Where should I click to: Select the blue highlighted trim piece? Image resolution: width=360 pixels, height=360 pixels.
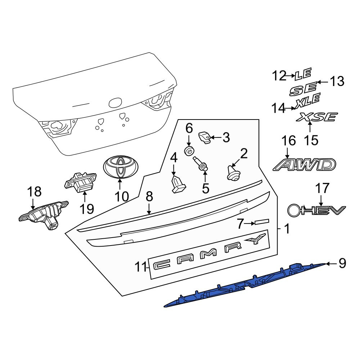pyautogui.click(x=245, y=285)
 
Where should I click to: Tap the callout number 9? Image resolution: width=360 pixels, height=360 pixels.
pyautogui.click(x=342, y=263)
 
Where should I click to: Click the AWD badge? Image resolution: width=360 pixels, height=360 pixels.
pyautogui.click(x=305, y=165)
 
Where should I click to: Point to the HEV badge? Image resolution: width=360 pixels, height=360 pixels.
pyautogui.click(x=316, y=210)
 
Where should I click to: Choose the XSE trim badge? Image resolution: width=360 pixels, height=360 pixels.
pyautogui.click(x=317, y=117)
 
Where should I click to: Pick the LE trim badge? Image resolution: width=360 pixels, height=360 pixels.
pyautogui.click(x=303, y=74)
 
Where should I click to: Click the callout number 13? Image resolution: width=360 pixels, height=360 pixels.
pyautogui.click(x=337, y=81)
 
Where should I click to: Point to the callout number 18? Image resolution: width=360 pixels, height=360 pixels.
pyautogui.click(x=34, y=192)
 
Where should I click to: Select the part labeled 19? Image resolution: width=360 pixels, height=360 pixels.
pyautogui.click(x=80, y=181)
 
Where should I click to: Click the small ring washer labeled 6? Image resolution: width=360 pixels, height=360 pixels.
pyautogui.click(x=189, y=150)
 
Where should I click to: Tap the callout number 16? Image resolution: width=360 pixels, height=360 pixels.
pyautogui.click(x=289, y=141)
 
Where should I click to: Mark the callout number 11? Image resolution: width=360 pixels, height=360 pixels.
pyautogui.click(x=140, y=267)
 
